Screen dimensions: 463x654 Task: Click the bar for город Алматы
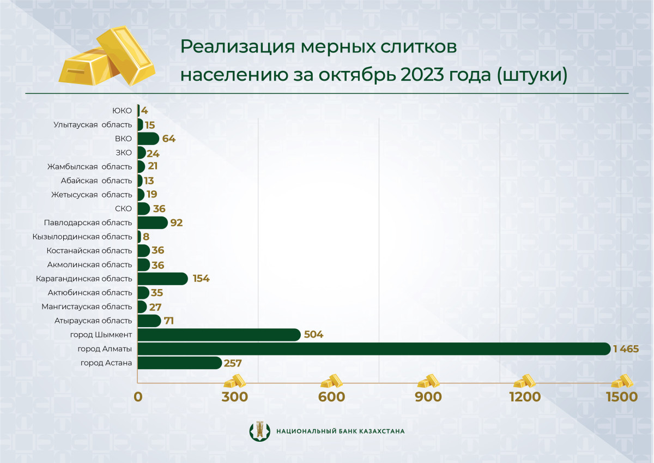point(374,348)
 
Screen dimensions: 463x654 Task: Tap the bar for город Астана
point(179,363)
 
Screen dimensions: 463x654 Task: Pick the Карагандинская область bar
point(162,279)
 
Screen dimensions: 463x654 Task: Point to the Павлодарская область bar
point(153,223)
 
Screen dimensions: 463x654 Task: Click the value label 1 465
point(625,348)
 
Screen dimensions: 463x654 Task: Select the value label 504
point(313,335)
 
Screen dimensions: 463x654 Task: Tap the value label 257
point(233,363)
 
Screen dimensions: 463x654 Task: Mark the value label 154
point(200,279)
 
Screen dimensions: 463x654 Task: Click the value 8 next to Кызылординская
point(146,237)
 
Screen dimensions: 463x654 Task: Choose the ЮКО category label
point(122,111)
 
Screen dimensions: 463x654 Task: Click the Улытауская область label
point(93,125)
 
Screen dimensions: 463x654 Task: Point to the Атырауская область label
point(93,321)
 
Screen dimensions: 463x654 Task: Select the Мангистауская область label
point(87,306)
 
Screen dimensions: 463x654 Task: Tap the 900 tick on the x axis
point(428,396)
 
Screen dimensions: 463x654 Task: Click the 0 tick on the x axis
point(138,396)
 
